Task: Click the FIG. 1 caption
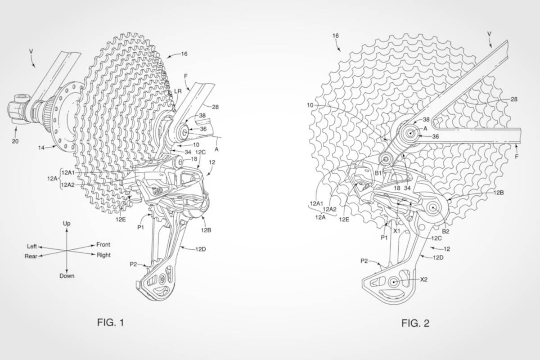[111, 322]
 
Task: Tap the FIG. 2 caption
[415, 323]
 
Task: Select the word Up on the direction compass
[67, 224]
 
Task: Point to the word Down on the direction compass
[67, 276]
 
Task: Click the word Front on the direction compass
[103, 244]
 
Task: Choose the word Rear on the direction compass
[31, 256]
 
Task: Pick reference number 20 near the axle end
[15, 141]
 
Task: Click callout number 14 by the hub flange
[41, 148]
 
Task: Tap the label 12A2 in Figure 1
[68, 185]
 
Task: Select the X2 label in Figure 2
[424, 279]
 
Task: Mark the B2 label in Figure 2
[446, 231]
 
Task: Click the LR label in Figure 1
[178, 91]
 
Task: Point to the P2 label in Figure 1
[134, 264]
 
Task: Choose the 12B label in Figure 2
[499, 193]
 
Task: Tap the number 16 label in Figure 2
[336, 36]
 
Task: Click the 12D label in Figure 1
[201, 249]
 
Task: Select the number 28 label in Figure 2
[514, 99]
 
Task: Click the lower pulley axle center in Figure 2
[394, 282]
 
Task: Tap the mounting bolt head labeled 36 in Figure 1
[184, 132]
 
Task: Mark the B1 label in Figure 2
[378, 173]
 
